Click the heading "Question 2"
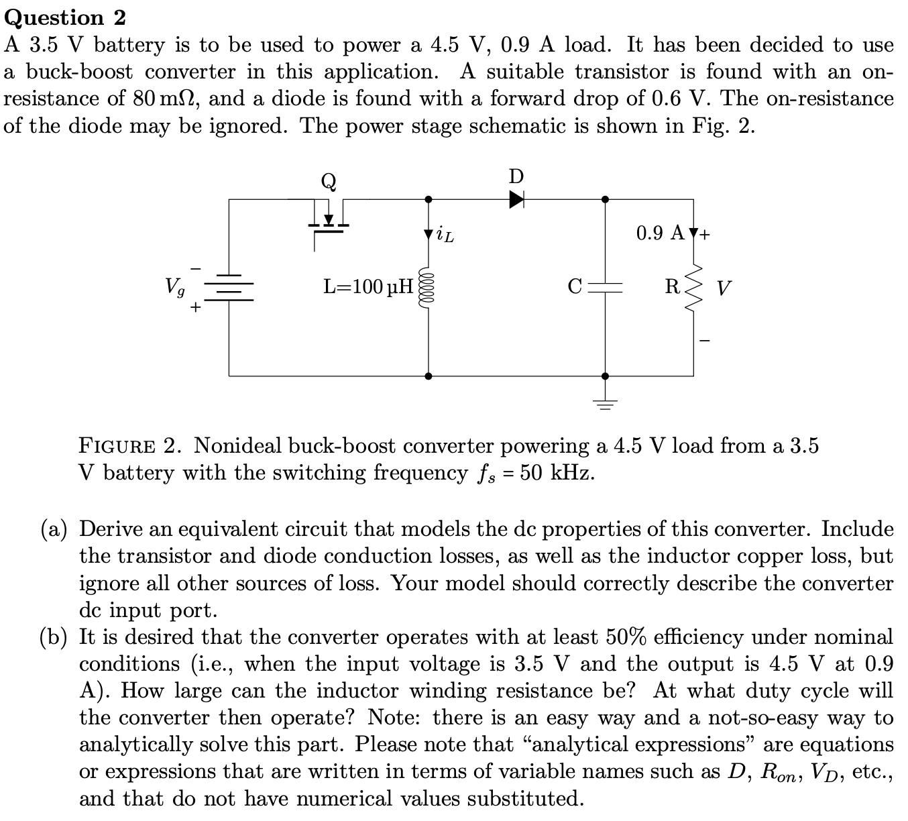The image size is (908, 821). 65,17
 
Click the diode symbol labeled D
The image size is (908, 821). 516,199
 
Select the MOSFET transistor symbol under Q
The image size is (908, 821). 329,221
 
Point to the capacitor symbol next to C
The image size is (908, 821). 606,287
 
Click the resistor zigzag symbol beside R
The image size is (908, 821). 693,288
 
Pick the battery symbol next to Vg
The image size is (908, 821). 229,288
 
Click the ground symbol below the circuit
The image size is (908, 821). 606,403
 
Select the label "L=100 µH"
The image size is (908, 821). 368,288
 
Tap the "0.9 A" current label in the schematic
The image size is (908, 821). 660,233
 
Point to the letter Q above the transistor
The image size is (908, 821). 329,181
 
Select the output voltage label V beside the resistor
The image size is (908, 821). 724,289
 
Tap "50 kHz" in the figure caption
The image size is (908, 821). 557,473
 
